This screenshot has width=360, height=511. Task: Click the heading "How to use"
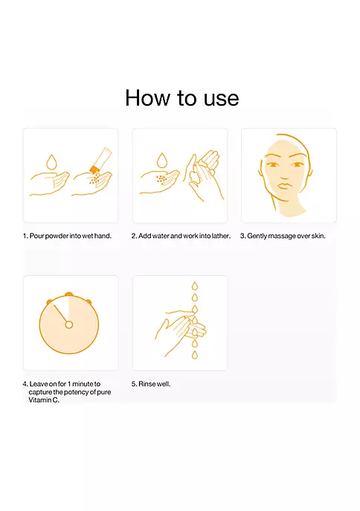(181, 97)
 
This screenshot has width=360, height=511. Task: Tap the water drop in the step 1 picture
(51, 162)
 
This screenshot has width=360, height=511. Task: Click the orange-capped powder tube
(100, 161)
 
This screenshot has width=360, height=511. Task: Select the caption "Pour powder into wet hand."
(71, 236)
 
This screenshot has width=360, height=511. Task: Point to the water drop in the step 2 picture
(162, 161)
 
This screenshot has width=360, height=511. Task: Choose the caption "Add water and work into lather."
(184, 236)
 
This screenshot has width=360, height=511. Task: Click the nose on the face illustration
(284, 174)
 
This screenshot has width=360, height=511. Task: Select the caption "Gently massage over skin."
(286, 236)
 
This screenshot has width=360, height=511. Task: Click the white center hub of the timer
(68, 324)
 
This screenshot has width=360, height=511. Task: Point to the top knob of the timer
(68, 294)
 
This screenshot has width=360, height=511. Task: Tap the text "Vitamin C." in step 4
(44, 400)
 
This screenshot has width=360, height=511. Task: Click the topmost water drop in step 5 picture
(194, 286)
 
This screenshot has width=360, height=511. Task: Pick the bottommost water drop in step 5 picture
(194, 355)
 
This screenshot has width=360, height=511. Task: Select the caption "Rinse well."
(155, 384)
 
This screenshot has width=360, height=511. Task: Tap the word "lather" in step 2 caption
(221, 236)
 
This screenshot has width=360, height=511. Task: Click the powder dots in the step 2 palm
(161, 179)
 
